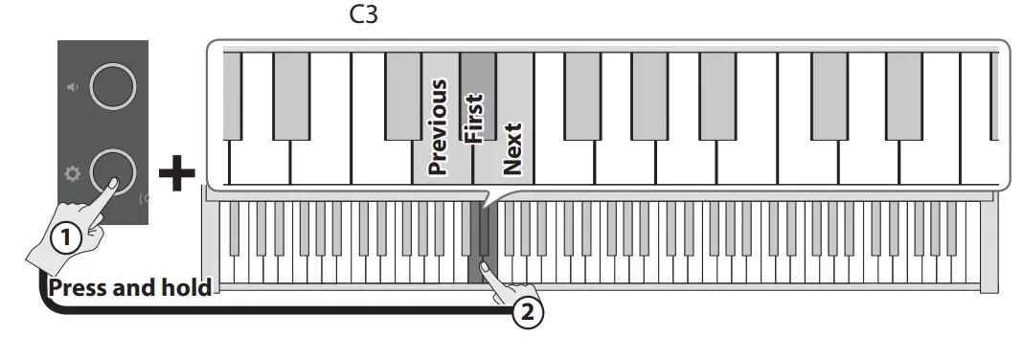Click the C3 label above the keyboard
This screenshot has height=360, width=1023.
pos(364,15)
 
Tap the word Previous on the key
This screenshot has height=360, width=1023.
pos(438,127)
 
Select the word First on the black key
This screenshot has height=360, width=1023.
pos(475,117)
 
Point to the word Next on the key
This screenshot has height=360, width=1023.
pos(512,148)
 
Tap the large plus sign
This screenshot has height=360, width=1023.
pos(175,174)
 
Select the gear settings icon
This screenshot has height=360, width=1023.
pos(72,174)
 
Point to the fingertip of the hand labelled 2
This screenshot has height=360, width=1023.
pos(485,269)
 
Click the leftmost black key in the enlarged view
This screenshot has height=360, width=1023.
pos(231,94)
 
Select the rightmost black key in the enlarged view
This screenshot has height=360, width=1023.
pos(994,94)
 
